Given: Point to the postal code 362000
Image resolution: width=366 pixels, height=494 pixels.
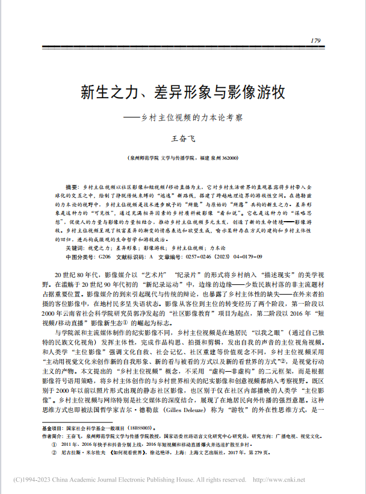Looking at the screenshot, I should (x=229, y=158).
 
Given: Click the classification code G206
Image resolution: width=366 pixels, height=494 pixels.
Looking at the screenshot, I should (x=105, y=257).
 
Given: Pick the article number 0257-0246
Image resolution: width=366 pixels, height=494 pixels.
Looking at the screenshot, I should (x=202, y=257).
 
